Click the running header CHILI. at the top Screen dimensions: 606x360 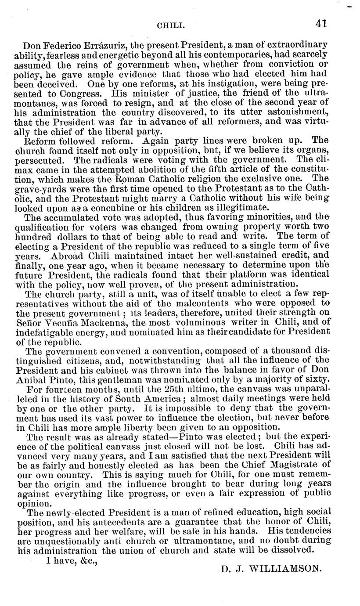click(x=170, y=26)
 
